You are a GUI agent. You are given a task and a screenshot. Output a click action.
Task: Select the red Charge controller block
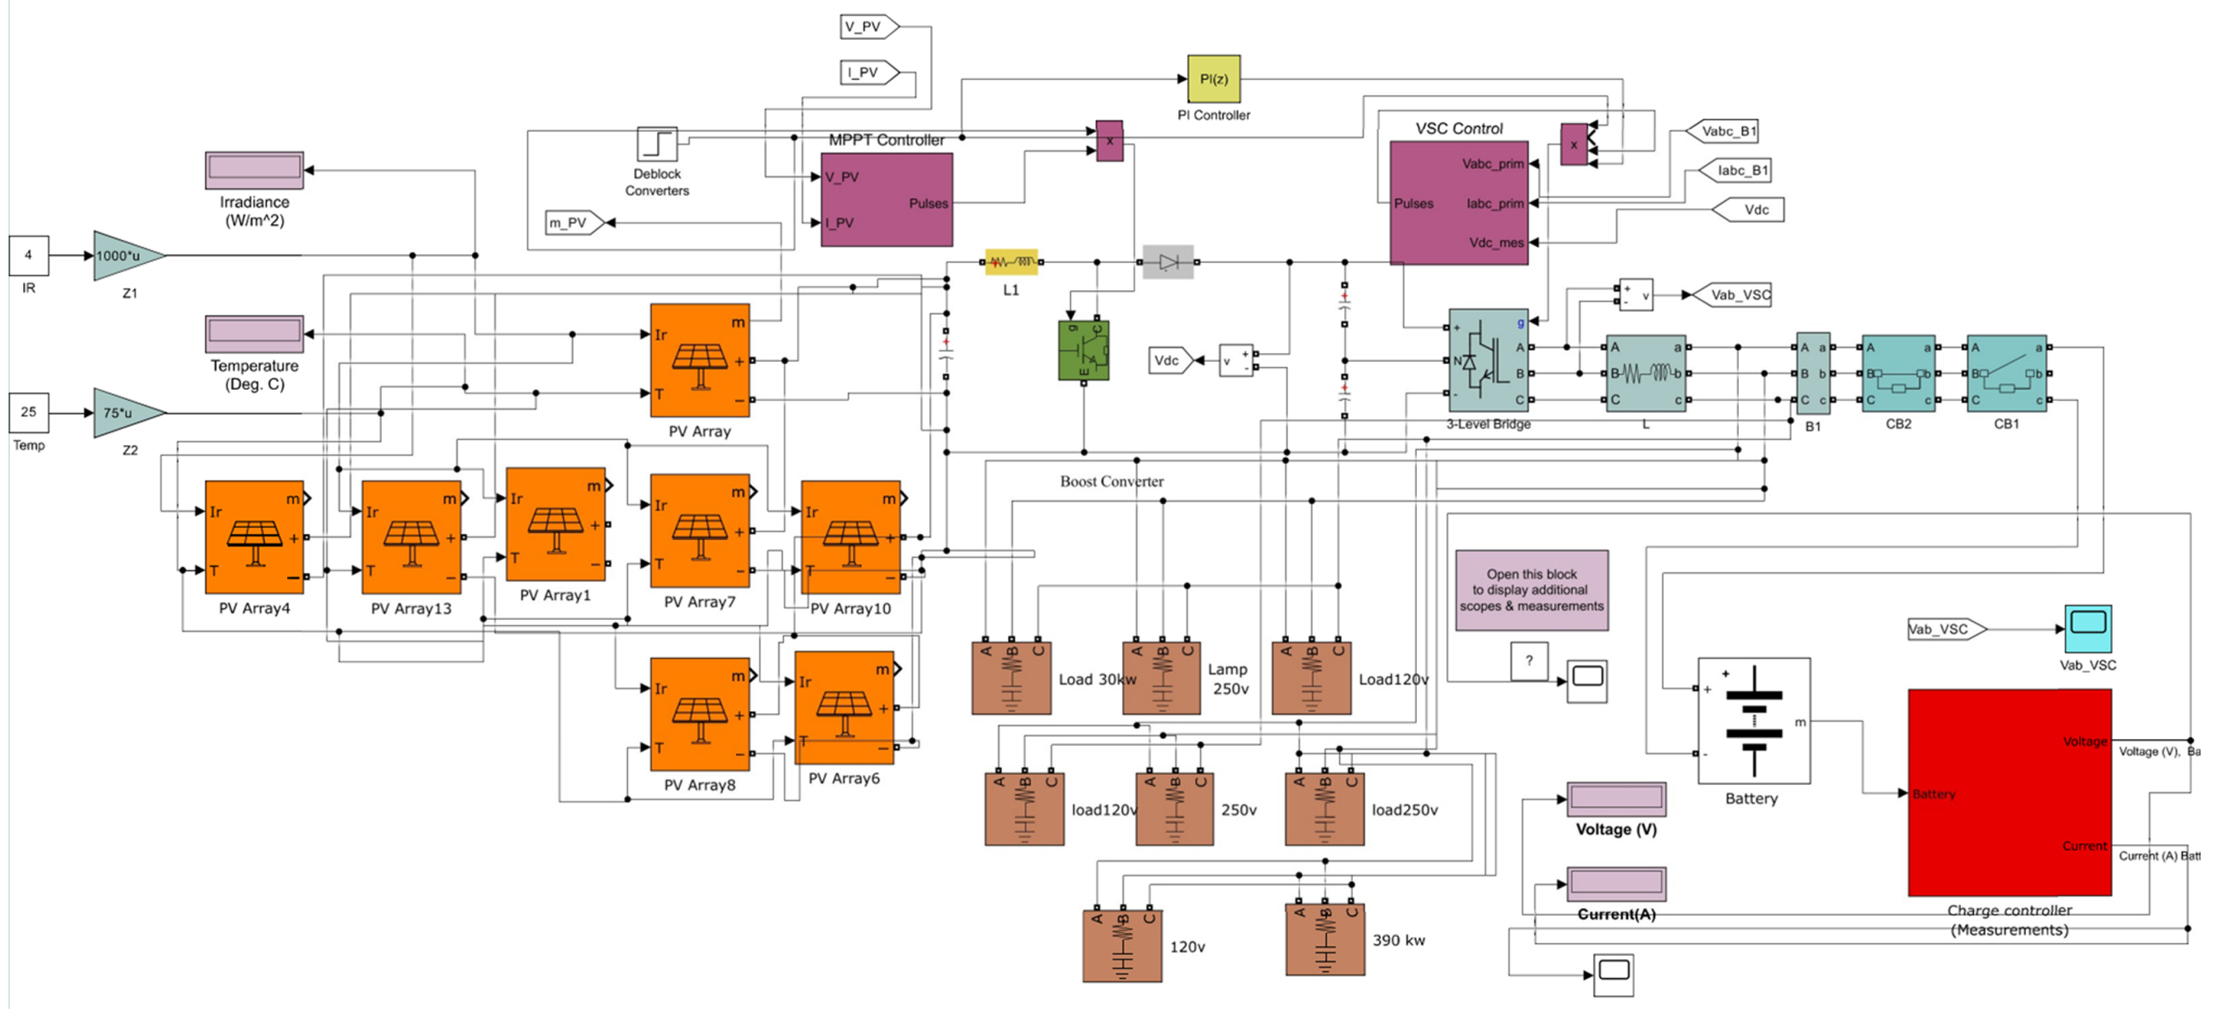click(2009, 791)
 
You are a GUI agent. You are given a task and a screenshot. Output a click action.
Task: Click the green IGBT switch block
click(1083, 350)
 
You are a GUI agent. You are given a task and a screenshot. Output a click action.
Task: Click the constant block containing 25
click(28, 412)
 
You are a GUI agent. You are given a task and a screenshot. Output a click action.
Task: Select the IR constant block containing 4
click(28, 255)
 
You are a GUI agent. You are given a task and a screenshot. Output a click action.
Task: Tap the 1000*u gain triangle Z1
click(125, 255)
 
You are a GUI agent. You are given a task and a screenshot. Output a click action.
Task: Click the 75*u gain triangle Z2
click(125, 412)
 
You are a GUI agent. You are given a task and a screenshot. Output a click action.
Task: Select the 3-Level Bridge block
click(1488, 361)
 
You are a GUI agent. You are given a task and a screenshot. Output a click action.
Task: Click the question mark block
click(1528, 661)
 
